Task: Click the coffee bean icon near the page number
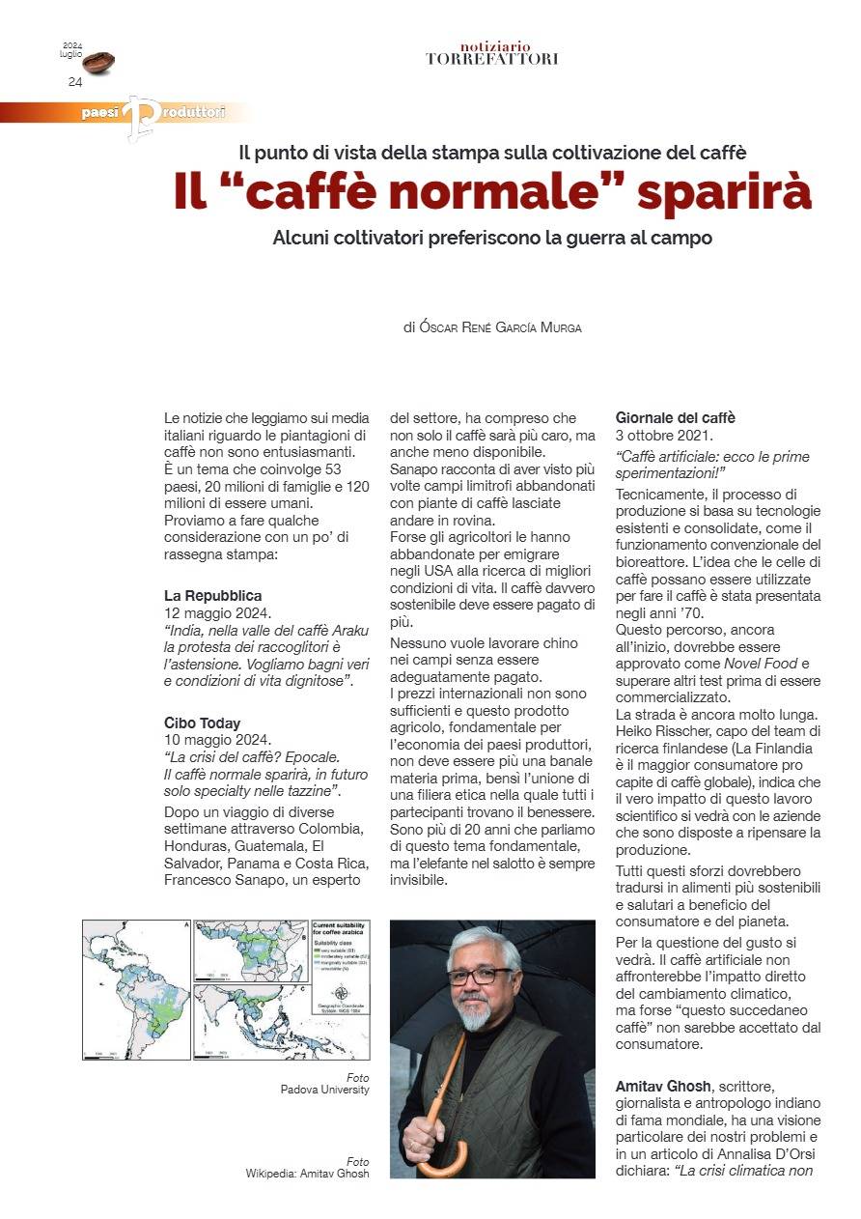[x=98, y=63]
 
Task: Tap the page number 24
[x=75, y=82]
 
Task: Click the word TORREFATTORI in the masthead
[x=491, y=59]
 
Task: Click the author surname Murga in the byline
[x=559, y=328]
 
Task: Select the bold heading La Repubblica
[x=213, y=596]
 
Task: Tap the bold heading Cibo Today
[x=203, y=723]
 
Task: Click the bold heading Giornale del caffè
[x=676, y=418]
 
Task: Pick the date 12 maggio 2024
[x=218, y=613]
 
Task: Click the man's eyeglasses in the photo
[x=479, y=976]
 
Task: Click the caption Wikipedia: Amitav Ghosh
[x=307, y=1174]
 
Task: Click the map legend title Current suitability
[x=344, y=927]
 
